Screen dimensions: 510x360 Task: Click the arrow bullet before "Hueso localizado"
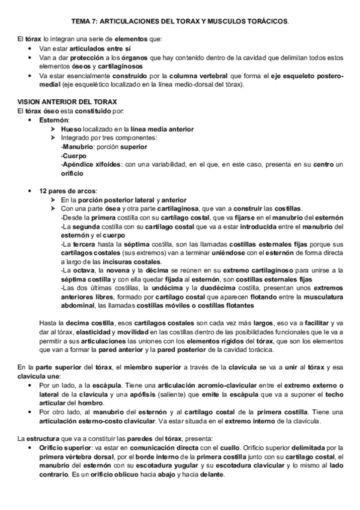click(54, 129)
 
